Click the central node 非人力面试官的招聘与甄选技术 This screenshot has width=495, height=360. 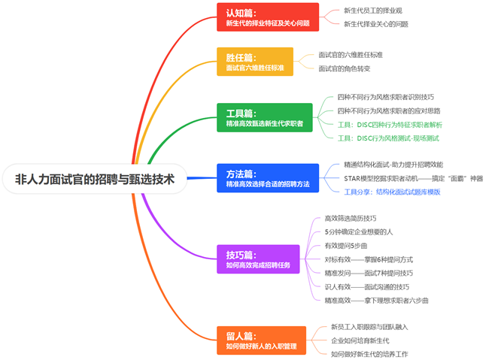(94, 180)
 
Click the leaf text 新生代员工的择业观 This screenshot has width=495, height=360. (373, 11)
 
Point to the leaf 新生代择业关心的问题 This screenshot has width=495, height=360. (376, 24)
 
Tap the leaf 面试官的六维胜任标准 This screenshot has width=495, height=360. (351, 56)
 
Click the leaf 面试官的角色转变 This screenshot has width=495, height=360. (345, 68)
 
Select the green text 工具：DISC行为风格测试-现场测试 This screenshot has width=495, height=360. (387, 138)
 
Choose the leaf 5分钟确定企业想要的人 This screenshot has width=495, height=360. (358, 231)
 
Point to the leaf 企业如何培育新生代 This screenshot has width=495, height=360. (360, 340)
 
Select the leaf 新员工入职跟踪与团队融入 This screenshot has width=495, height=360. (369, 327)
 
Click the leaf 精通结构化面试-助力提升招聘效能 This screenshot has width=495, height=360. (393, 165)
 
